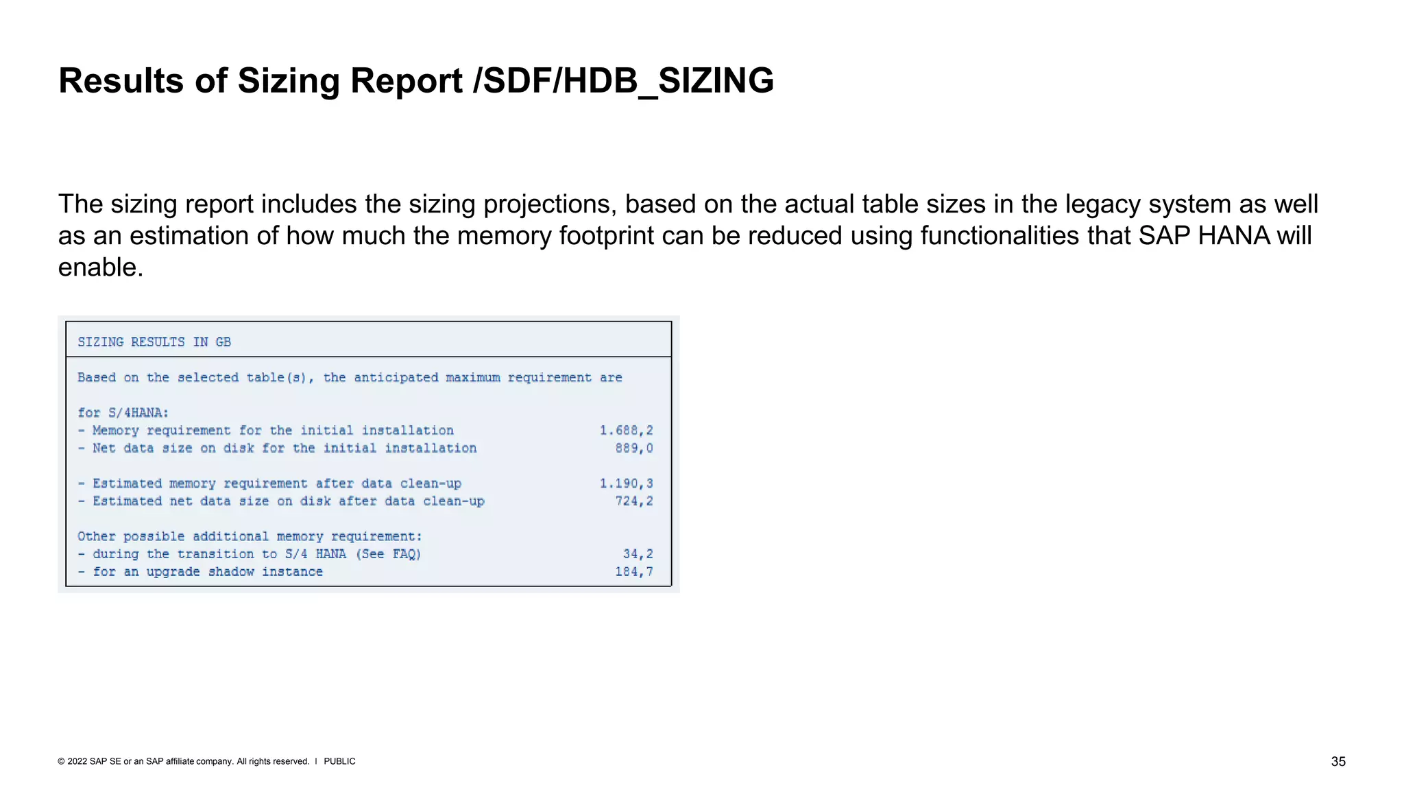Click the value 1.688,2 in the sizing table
pyautogui.click(x=626, y=431)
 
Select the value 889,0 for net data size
pyautogui.click(x=633, y=448)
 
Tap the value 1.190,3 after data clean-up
pyautogui.click(x=626, y=483)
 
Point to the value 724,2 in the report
pyautogui.click(x=633, y=501)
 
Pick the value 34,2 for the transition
pyautogui.click(x=638, y=554)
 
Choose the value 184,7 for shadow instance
pyautogui.click(x=633, y=572)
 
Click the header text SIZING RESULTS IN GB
pyautogui.click(x=154, y=342)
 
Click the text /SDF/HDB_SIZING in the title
pyautogui.click(x=623, y=81)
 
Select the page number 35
pyautogui.click(x=1338, y=762)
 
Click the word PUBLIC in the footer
pyautogui.click(x=339, y=762)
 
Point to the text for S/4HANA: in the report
pyautogui.click(x=123, y=413)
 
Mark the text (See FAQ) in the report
pyautogui.click(x=388, y=554)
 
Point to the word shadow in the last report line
pyautogui.click(x=231, y=572)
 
